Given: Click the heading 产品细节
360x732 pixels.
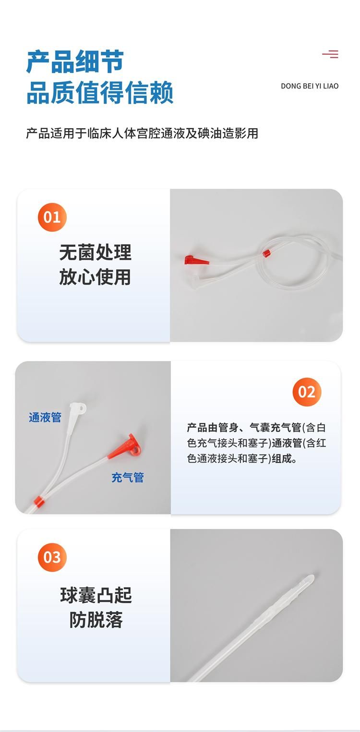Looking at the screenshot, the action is coord(75,61).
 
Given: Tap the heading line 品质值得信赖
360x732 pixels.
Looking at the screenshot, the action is coord(100,93).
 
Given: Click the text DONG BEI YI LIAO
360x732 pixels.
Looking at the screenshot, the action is coord(310,86).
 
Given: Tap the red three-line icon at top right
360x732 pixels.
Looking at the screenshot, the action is coord(330,54).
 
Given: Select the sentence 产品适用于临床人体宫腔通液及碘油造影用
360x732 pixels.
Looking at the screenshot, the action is coord(142,133).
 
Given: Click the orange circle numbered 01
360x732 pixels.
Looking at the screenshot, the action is coord(52,217).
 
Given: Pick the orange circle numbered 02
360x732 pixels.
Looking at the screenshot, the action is coord(307,392).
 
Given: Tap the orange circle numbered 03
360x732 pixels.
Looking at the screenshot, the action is coord(52,557).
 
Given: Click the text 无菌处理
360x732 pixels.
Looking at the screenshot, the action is coord(96,252).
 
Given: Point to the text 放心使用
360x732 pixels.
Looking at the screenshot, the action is coord(96,277).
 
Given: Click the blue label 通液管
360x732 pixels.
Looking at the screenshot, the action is coord(45,417).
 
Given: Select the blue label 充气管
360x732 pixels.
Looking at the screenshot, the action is coord(128,478).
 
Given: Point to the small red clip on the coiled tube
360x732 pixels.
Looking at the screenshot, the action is coord(267,252).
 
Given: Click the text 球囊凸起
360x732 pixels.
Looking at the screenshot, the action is coord(96,595).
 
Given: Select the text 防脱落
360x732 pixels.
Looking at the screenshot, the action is coord(96,620).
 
